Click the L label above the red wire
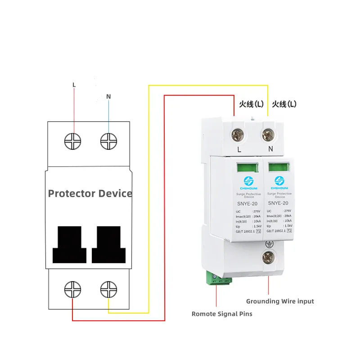point(74,85)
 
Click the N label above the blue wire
point(108,96)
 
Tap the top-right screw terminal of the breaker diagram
point(108,141)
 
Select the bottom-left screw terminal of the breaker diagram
point(73,289)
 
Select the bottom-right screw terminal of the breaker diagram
point(108,289)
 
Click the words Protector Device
point(90,193)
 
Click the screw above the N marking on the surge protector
point(268,133)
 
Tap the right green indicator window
point(277,167)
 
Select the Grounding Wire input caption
point(280,301)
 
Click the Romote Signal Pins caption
point(222,314)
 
